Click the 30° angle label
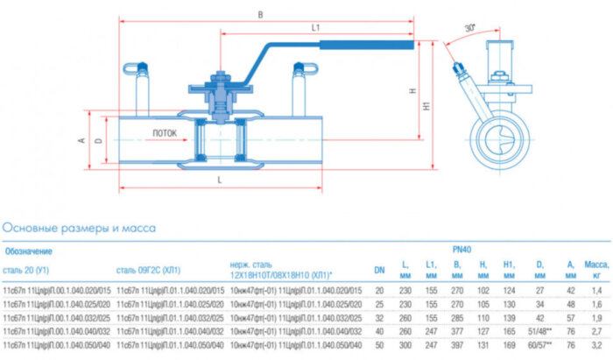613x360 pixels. pos(470,28)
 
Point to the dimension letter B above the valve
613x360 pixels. pos(261,14)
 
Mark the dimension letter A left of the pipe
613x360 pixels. pos(81,140)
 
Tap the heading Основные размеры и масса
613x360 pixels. pos(80,229)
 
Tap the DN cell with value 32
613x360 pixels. pos(379,317)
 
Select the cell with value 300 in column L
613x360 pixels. pos(405,347)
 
